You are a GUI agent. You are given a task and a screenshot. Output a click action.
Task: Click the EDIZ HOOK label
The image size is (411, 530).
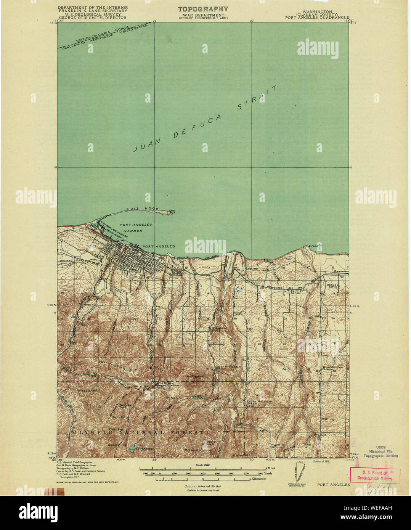[137, 209]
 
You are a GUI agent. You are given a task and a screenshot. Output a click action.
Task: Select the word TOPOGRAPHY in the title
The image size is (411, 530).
[203, 9]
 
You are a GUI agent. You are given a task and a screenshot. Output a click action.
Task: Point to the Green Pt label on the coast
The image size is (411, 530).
[313, 246]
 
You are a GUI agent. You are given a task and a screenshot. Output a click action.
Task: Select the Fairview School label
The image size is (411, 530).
[295, 291]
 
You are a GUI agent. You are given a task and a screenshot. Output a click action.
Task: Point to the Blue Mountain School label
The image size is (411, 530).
[331, 368]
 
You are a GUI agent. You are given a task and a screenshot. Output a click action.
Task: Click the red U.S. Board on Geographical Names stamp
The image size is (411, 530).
[375, 475]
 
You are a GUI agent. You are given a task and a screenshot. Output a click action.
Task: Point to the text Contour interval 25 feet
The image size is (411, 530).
[203, 487]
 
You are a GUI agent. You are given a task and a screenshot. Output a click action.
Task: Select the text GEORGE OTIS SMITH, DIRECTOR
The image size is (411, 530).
[92, 18]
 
